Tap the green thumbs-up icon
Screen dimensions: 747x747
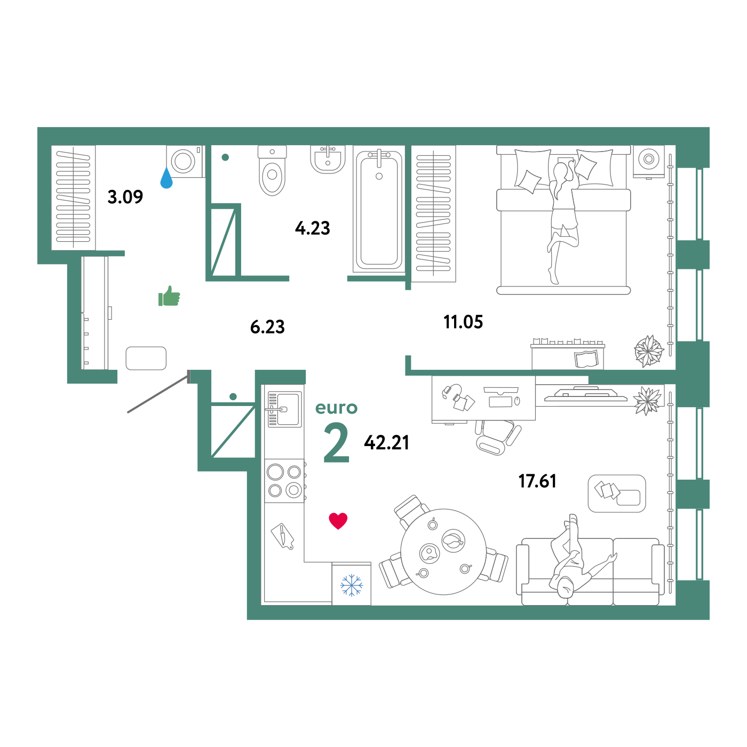(x=169, y=296)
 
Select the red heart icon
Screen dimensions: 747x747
(x=338, y=521)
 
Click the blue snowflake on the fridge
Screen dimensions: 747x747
(x=351, y=585)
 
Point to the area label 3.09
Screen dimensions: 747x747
(x=125, y=197)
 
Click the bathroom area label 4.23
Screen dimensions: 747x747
(x=313, y=228)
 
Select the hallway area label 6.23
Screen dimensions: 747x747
(x=267, y=327)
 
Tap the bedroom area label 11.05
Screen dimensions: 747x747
(x=463, y=322)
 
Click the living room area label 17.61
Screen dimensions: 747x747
(x=537, y=481)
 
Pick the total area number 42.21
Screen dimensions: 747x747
(x=386, y=443)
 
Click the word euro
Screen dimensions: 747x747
(x=336, y=408)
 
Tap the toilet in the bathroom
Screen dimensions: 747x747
(x=272, y=170)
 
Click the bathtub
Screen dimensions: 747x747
(x=379, y=210)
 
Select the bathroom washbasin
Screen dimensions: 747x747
(x=328, y=159)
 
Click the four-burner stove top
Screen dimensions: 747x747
(x=284, y=481)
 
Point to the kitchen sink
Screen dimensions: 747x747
(x=284, y=409)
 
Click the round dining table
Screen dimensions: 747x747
(x=443, y=552)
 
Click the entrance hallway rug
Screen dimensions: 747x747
(x=146, y=358)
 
